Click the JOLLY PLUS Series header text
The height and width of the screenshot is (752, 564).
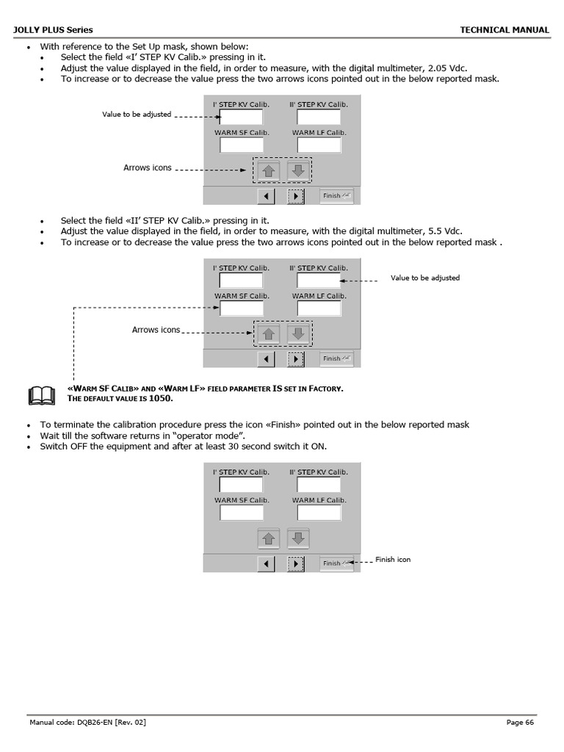click(54, 30)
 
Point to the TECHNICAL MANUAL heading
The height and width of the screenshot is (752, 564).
click(505, 30)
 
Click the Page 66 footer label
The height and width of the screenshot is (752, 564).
click(520, 723)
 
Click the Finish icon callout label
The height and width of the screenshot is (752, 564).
click(393, 560)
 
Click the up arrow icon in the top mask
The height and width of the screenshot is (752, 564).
click(269, 171)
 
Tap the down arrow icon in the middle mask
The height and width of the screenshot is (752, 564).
click(297, 334)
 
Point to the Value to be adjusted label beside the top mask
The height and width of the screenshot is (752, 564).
click(137, 115)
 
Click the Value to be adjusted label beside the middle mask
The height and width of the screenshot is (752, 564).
click(425, 278)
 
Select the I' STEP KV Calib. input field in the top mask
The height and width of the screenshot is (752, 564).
click(241, 117)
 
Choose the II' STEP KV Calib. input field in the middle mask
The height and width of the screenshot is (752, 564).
click(319, 281)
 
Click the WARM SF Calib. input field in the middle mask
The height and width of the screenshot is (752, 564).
click(242, 308)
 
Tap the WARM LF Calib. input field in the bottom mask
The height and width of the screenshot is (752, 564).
click(319, 513)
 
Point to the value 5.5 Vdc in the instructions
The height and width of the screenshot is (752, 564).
click(444, 231)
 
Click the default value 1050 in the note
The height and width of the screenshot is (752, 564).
click(161, 398)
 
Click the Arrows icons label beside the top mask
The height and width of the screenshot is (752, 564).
click(148, 168)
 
